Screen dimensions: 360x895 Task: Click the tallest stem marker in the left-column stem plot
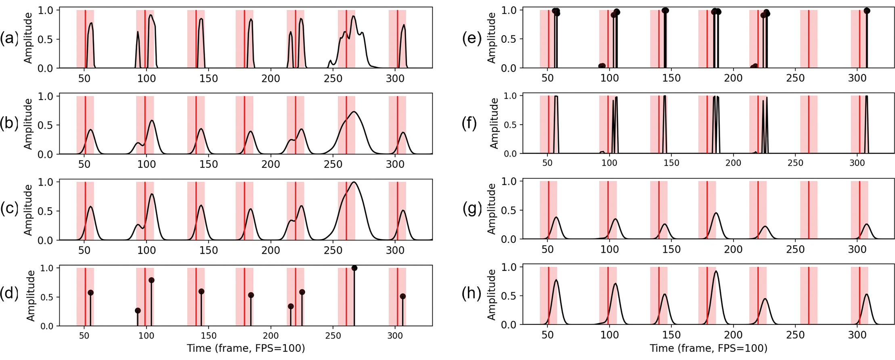pos(354,268)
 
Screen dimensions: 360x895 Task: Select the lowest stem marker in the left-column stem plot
pos(138,311)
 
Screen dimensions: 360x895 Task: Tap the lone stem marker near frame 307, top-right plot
pos(866,11)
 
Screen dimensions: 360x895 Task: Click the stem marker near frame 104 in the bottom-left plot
pos(151,280)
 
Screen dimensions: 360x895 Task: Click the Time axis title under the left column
pos(245,348)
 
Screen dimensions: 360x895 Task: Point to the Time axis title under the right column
pos(708,348)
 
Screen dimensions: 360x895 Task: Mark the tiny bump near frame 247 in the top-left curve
pos(330,61)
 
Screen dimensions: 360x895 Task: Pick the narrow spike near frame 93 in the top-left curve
pos(138,32)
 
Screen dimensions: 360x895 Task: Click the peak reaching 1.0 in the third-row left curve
pos(354,182)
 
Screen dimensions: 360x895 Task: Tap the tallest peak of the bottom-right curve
pos(716,271)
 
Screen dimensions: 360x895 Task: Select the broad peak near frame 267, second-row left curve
pos(354,112)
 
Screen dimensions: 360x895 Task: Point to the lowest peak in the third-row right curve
pos(765,226)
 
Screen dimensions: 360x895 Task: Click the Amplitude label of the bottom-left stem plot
pos(31,296)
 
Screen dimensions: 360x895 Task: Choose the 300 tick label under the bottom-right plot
pos(857,335)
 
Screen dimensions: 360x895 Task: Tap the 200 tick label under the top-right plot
pos(733,78)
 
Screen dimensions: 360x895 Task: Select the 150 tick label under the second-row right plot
pos(671,163)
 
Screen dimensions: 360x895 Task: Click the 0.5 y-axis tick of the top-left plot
pos(45,39)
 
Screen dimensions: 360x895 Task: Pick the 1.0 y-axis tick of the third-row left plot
pos(45,182)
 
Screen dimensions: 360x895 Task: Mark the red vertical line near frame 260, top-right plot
pos(808,38)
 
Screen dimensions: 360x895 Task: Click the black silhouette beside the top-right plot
pos(465,38)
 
